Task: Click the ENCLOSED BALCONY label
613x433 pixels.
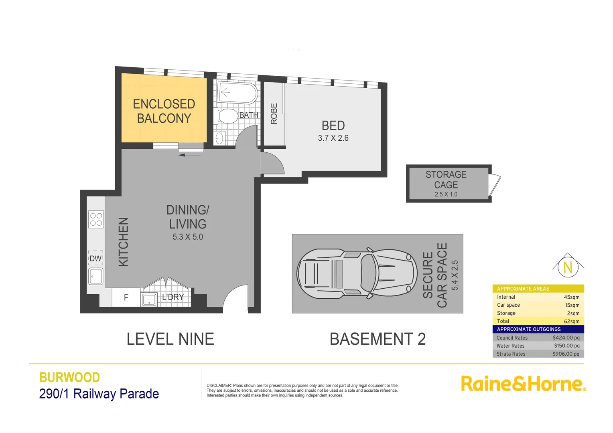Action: click(164, 111)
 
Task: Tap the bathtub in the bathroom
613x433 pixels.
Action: click(237, 93)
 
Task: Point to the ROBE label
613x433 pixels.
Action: click(274, 113)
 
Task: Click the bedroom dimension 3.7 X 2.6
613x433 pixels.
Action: click(333, 138)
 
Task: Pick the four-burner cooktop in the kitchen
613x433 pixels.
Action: click(96, 219)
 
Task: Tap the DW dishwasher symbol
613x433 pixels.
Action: click(95, 259)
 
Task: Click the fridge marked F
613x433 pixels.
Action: click(126, 297)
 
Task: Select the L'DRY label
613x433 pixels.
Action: click(173, 297)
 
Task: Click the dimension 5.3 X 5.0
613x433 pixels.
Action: click(188, 237)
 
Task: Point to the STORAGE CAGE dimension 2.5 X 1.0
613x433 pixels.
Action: click(446, 194)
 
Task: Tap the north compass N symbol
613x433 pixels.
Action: click(568, 267)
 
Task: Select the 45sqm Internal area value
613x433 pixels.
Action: click(571, 297)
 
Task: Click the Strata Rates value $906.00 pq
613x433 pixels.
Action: click(566, 354)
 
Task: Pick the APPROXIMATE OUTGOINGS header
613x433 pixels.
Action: click(529, 329)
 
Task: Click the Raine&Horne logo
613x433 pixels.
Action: click(523, 384)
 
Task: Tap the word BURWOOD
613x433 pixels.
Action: click(69, 377)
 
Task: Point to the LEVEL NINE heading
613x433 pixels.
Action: click(170, 339)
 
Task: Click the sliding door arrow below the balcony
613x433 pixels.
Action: click(189, 155)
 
